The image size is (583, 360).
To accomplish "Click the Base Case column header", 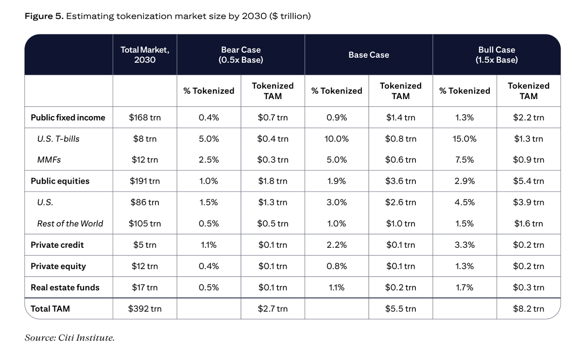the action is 369,55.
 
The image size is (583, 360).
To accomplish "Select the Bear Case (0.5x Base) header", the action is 241,55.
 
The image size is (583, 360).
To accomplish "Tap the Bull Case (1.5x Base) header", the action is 497,55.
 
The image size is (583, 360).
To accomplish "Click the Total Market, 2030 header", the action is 145,55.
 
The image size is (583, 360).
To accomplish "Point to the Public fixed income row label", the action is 68,118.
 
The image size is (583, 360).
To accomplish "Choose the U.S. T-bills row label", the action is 58,139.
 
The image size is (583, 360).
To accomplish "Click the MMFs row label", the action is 49,159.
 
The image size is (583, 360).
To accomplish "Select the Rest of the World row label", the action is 70,223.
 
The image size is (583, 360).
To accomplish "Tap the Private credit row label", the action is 57,245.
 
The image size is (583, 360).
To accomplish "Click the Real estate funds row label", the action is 65,288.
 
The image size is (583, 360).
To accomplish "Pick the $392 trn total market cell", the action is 145,309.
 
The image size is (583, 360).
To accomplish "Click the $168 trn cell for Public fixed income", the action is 145,118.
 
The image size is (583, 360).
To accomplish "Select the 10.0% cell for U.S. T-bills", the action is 337,139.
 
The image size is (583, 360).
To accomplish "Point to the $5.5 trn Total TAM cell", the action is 400,309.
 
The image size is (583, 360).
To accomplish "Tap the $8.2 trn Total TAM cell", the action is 529,309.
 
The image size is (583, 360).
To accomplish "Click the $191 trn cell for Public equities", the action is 145,181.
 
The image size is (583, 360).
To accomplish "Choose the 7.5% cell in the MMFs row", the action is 464,159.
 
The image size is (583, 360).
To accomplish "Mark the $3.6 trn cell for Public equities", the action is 400,181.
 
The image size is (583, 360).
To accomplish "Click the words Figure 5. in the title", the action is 44,16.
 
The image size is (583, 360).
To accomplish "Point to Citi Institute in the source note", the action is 86,338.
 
